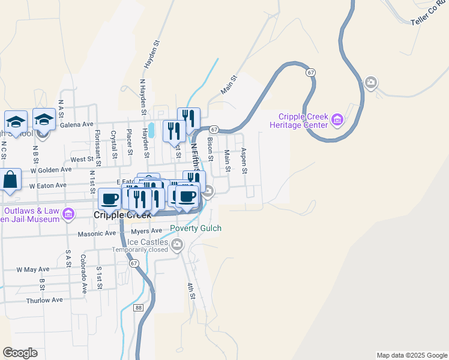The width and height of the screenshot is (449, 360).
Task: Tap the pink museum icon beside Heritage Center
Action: click(337, 121)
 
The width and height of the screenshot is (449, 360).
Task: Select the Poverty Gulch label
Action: click(196, 229)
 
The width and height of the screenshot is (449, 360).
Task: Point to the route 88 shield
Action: click(139, 308)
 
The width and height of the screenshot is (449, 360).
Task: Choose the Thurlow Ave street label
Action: click(44, 300)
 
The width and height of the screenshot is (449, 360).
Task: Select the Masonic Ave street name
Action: click(97, 233)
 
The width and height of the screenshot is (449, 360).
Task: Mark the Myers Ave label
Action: click(147, 231)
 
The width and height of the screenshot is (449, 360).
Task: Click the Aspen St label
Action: click(244, 161)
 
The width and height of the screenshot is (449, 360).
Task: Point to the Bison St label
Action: click(210, 149)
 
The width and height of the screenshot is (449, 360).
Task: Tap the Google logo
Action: click(20, 353)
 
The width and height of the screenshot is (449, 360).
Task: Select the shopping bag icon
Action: click(10, 179)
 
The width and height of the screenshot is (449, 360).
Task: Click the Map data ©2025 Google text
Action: click(411, 355)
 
